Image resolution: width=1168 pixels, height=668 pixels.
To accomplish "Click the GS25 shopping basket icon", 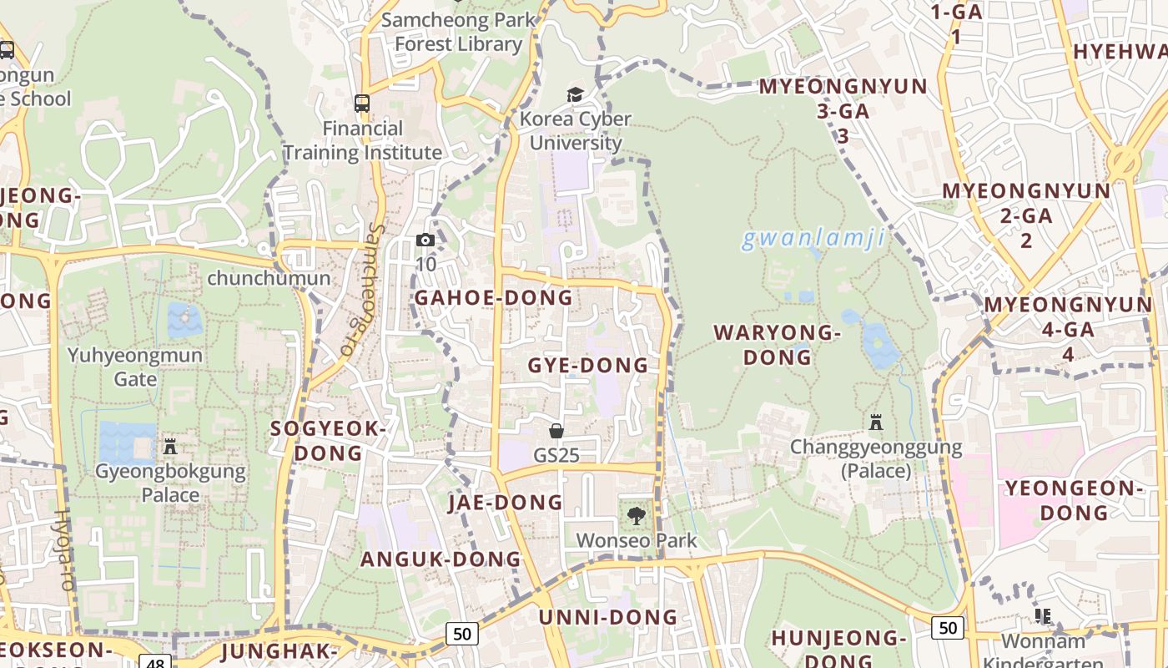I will tap(556, 431).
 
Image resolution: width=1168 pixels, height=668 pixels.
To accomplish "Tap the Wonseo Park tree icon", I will tap(636, 515).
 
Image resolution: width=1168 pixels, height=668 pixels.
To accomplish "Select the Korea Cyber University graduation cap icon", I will tap(575, 94).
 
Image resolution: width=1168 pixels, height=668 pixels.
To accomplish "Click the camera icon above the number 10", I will tap(425, 240).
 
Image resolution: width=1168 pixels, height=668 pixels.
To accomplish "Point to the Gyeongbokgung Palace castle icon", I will tap(170, 447).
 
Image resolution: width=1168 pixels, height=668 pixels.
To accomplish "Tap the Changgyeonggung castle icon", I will tap(876, 423).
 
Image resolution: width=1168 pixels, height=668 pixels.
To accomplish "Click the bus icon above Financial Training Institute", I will tap(362, 104).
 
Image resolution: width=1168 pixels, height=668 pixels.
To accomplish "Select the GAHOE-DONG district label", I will tap(494, 298).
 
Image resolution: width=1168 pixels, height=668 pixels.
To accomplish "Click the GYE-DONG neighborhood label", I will tap(588, 366).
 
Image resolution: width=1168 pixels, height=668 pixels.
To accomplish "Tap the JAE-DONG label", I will tap(506, 503).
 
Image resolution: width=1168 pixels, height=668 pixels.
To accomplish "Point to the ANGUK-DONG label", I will tap(441, 559).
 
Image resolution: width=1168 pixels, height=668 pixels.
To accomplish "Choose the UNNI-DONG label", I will tap(608, 618).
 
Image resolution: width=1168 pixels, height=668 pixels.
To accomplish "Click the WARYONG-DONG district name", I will tap(778, 345).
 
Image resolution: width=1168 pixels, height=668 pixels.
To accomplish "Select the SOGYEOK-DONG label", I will tap(329, 441).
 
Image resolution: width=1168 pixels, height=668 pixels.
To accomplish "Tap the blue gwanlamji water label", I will tap(813, 239).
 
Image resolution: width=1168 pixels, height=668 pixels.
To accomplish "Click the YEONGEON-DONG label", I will tap(1074, 500).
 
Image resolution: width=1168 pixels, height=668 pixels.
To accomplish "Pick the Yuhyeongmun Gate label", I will tap(135, 367).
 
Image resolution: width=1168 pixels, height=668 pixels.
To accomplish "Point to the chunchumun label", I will tap(269, 278).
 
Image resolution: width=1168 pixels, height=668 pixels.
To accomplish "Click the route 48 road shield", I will tap(156, 662).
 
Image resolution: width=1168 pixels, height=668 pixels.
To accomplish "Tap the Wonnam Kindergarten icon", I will tap(1043, 616).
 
